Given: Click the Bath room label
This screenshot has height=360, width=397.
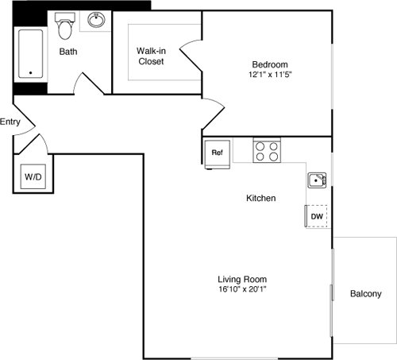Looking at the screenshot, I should (x=67, y=52).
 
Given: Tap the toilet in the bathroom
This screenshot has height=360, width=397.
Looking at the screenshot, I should (x=65, y=29).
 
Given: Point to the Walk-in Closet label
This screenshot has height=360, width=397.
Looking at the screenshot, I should (x=151, y=56).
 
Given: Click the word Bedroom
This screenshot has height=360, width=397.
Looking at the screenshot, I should (x=270, y=64).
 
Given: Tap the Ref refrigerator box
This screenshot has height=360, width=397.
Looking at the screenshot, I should (x=217, y=152).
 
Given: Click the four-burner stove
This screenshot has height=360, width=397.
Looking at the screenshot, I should (x=267, y=149).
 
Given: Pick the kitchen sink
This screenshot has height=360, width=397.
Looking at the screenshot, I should (x=317, y=180).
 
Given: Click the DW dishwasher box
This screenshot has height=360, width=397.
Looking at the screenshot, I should (x=316, y=216).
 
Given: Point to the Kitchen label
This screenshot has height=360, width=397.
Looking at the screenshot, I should (x=260, y=198).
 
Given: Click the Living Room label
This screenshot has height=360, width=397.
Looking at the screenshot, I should (x=242, y=279).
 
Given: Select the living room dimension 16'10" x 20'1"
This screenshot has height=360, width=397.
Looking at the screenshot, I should (x=242, y=290).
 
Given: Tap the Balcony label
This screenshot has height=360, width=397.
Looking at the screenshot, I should (x=366, y=294).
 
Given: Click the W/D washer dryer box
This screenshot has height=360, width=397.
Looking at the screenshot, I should (x=33, y=176).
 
